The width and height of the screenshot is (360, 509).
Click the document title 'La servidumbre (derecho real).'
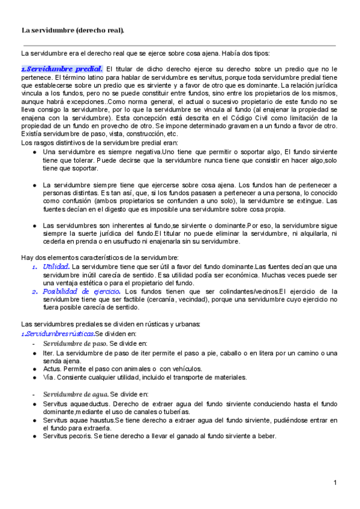73,29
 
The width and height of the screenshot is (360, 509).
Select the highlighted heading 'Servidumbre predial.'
62,68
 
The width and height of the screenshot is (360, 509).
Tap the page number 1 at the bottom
335,483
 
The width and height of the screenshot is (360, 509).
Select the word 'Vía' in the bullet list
49,378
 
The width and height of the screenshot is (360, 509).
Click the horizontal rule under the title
179,46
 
